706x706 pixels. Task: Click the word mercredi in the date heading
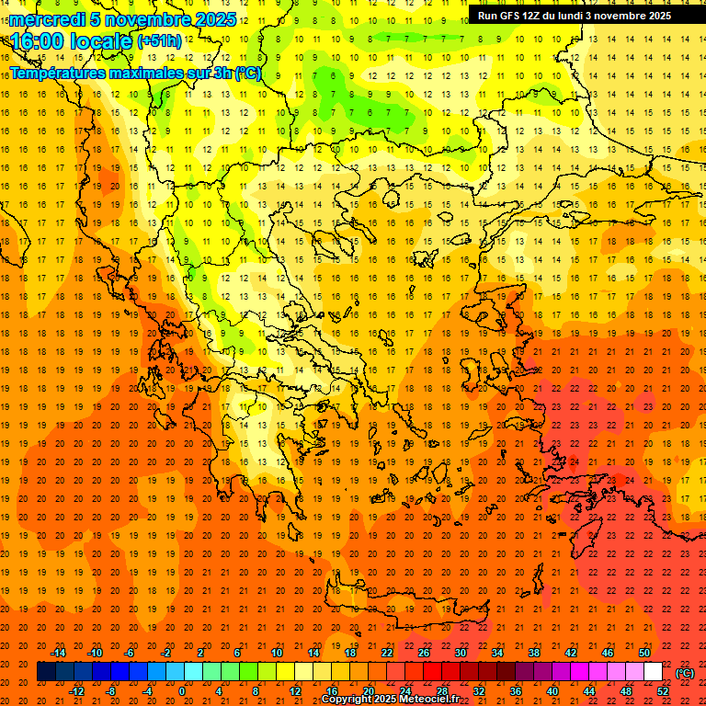pos(48,19)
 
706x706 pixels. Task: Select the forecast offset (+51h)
pos(158,40)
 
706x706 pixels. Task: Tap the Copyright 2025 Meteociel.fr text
pos(391,700)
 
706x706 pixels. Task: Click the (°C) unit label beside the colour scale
pos(684,672)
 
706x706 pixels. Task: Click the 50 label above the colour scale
pos(644,653)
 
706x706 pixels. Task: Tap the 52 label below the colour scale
pos(663,691)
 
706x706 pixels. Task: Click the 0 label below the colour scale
pos(183,691)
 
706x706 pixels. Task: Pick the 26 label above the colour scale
pos(424,653)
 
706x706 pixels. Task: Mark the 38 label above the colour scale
pos(534,653)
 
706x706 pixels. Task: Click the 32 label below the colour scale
pos(479,691)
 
